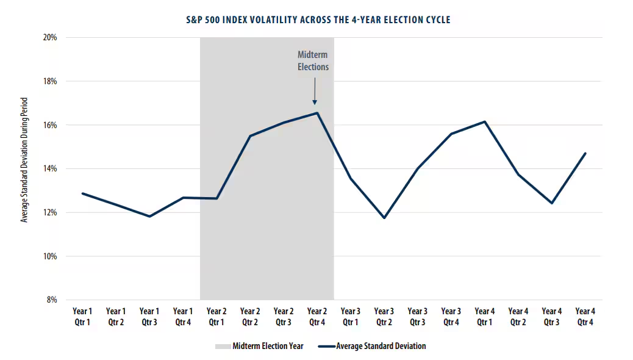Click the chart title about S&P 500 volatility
point(318,20)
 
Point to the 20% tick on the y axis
point(50,37)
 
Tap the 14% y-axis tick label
point(50,169)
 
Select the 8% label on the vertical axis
point(52,300)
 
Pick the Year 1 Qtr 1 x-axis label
point(82,317)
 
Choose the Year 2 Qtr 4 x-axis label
point(317,317)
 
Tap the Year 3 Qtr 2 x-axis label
point(384,317)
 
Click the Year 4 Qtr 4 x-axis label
point(585,317)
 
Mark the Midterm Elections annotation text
point(313,60)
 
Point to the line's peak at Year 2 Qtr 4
point(317,113)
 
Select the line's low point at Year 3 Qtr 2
point(384,218)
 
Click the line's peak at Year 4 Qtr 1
point(485,121)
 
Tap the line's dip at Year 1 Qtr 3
point(149,216)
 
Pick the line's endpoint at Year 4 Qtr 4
point(585,153)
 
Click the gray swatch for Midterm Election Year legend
point(223,346)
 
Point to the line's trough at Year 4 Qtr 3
point(552,203)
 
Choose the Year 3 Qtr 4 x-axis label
point(451,317)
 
